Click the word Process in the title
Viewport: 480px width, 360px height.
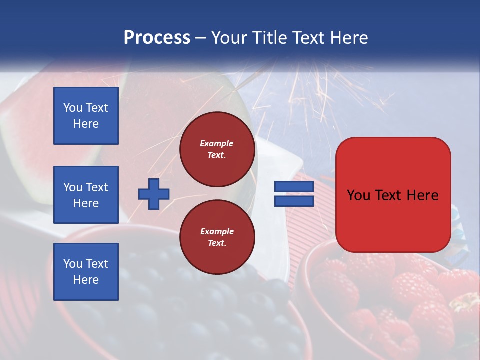[157, 38]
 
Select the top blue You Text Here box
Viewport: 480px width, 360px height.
[86, 116]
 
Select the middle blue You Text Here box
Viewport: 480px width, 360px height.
[86, 195]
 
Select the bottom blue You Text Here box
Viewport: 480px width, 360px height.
[86, 272]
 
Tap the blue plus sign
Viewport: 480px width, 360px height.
[154, 194]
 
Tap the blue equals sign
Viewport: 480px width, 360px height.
[294, 194]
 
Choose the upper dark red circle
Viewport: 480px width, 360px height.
[217, 149]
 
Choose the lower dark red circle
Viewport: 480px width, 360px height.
[217, 237]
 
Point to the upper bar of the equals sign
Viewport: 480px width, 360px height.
[294, 187]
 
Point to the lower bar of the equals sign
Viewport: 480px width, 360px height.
[294, 201]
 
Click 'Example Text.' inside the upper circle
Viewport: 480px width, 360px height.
[217, 149]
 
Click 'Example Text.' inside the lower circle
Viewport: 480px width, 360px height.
[217, 237]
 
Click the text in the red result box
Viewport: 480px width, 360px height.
[393, 195]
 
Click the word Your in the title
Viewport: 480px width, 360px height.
[229, 38]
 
